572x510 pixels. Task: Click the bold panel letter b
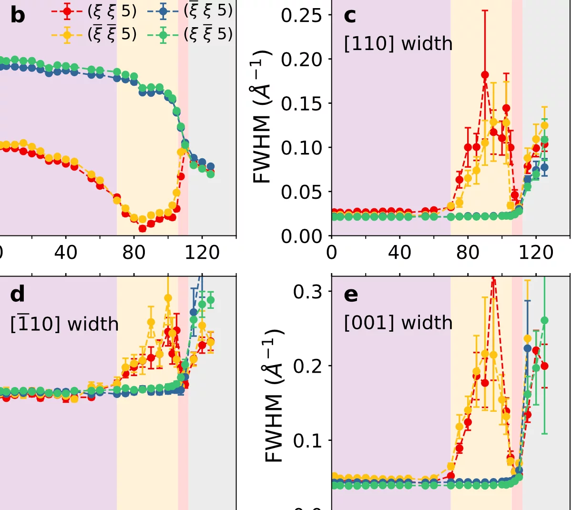(x=17, y=16)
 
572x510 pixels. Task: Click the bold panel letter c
(x=350, y=16)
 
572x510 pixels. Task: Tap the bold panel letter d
(x=18, y=295)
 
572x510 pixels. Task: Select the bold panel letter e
(x=351, y=295)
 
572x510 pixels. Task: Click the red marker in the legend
(x=67, y=11)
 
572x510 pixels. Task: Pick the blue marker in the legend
(x=163, y=11)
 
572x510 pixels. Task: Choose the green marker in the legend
(x=163, y=34)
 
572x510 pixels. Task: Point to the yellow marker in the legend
(x=67, y=34)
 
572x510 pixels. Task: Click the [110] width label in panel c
(x=398, y=44)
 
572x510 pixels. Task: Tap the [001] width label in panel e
(x=398, y=323)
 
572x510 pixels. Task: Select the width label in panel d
(x=64, y=324)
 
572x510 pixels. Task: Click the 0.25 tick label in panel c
(x=300, y=15)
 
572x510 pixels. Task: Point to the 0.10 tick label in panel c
(x=300, y=147)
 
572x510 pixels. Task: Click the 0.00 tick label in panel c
(x=300, y=236)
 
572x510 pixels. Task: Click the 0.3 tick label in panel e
(x=307, y=292)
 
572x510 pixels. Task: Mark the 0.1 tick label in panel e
(x=307, y=440)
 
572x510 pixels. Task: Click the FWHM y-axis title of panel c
(x=262, y=117)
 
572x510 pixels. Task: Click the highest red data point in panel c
(x=485, y=75)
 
